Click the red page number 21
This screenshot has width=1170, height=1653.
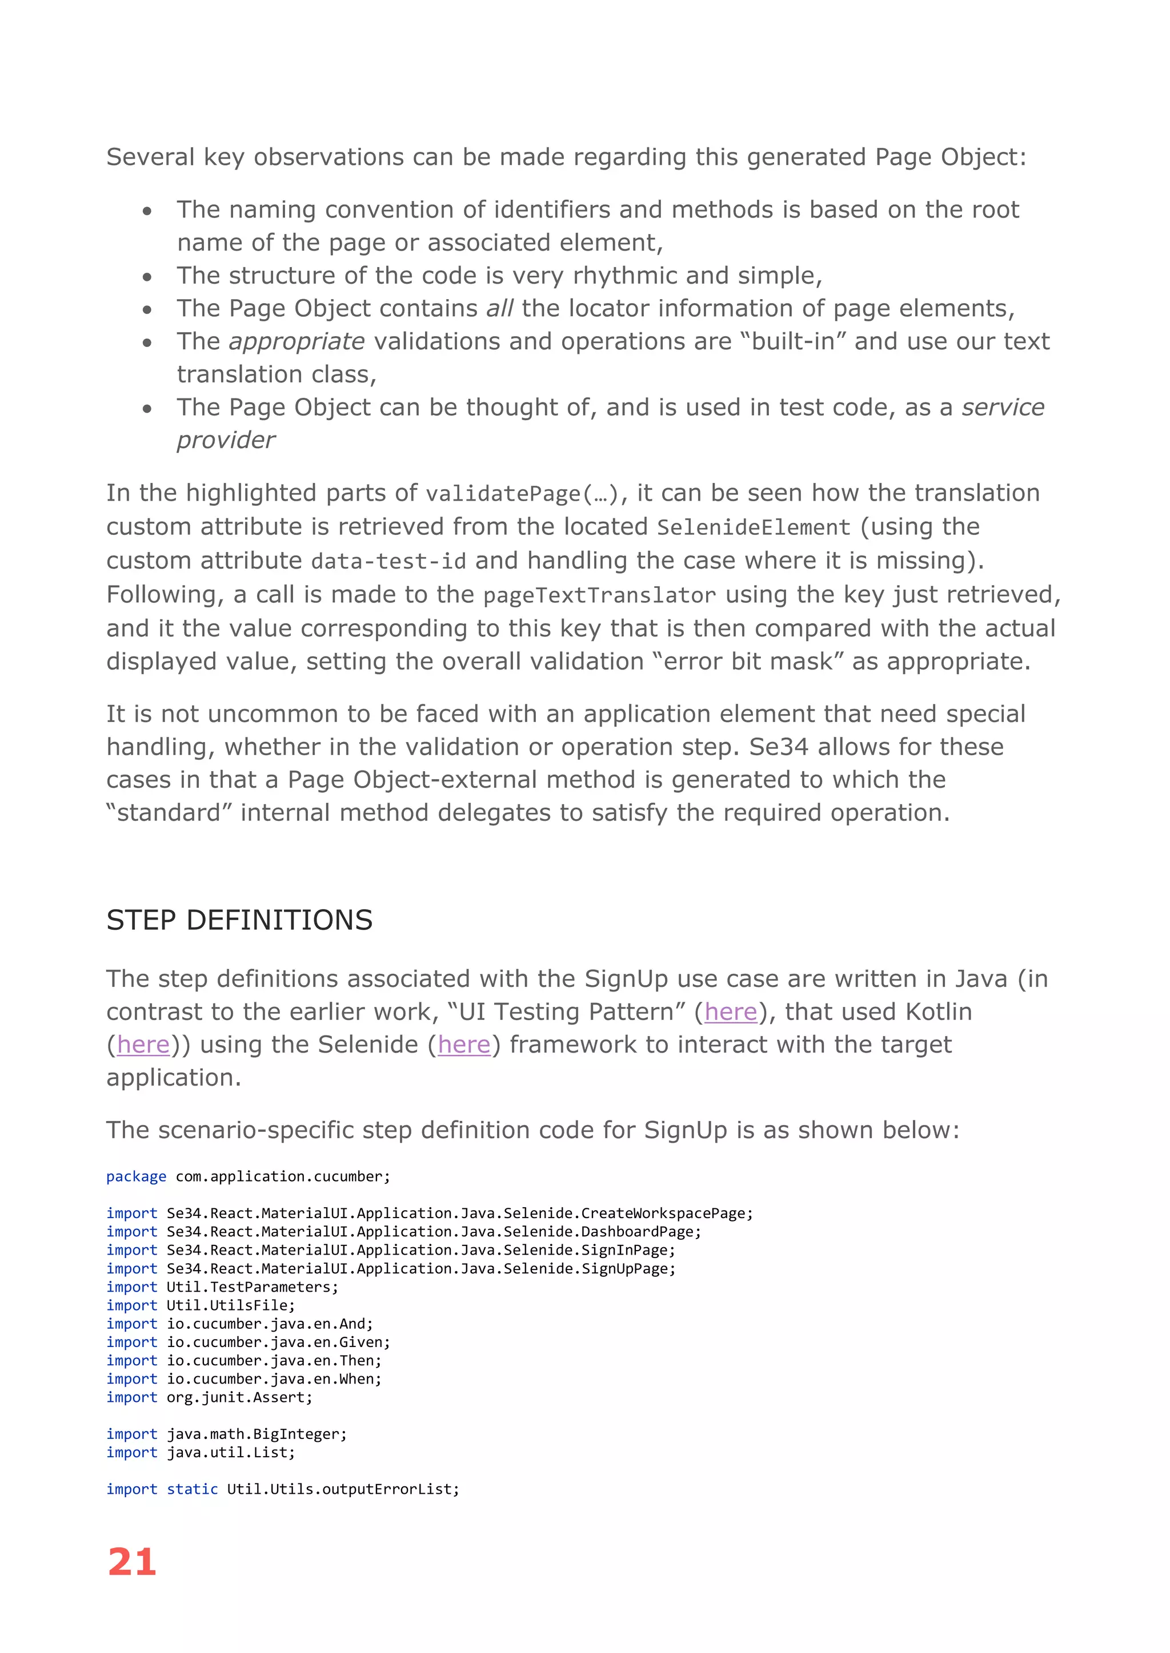click(x=132, y=1563)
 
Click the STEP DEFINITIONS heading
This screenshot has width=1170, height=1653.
click(x=239, y=920)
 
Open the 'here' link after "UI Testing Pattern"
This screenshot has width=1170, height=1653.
click(x=731, y=1011)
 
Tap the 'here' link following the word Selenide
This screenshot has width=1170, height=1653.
click(x=464, y=1045)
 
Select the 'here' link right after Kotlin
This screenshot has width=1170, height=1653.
click(x=143, y=1045)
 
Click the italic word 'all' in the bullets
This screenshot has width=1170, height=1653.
click(x=499, y=308)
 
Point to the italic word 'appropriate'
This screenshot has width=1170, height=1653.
click(x=297, y=341)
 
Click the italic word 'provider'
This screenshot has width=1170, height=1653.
click(x=226, y=440)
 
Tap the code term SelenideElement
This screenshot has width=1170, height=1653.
click(x=754, y=528)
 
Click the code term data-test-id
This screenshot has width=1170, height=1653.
click(x=388, y=562)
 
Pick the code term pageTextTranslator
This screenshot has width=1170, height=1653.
click(x=599, y=595)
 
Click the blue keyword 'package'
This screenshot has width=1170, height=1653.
click(x=136, y=1176)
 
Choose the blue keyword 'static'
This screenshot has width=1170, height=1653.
click(x=193, y=1489)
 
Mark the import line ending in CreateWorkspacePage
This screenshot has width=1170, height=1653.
click(x=430, y=1213)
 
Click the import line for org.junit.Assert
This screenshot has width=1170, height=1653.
click(x=210, y=1397)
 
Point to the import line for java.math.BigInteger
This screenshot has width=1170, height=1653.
click(x=226, y=1434)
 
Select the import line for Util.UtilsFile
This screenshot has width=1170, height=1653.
click(x=201, y=1305)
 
